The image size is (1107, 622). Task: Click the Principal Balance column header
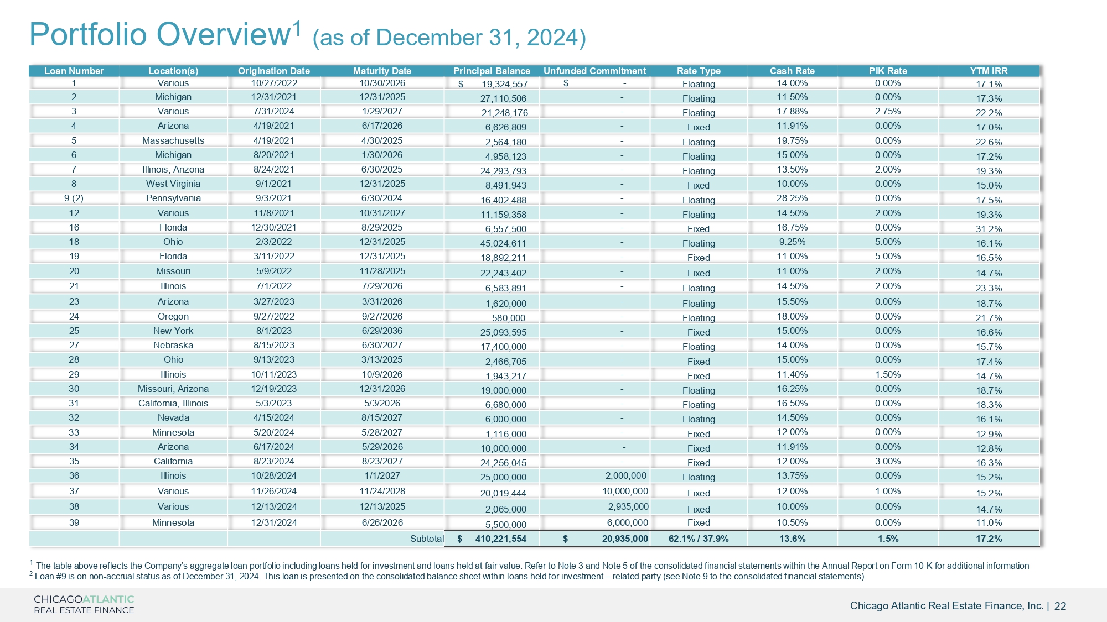(x=492, y=71)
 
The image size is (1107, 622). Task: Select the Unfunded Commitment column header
(x=594, y=71)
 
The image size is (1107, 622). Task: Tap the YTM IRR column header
(x=989, y=71)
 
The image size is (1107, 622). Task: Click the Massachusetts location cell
(x=173, y=140)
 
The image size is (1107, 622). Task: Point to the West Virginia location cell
(x=173, y=184)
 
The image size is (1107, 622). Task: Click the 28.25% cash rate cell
(x=792, y=198)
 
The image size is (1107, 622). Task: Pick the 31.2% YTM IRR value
(x=989, y=229)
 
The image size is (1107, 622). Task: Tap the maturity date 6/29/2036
(x=382, y=331)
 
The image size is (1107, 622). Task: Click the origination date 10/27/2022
(x=274, y=83)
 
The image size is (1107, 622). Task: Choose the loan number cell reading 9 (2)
(x=74, y=198)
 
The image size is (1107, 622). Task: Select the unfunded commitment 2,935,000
(x=628, y=506)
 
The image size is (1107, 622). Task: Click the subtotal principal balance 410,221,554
(x=500, y=539)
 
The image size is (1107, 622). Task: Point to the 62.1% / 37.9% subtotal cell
(x=699, y=539)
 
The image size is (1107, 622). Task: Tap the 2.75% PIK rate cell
(x=888, y=111)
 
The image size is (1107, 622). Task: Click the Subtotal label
(x=427, y=539)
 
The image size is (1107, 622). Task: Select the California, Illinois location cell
(x=173, y=403)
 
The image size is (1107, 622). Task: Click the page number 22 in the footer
(x=1060, y=606)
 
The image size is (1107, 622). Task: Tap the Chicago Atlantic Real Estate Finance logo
(x=84, y=604)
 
